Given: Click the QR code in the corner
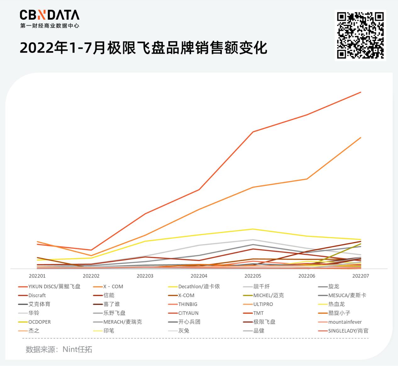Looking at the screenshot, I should pos(360,35).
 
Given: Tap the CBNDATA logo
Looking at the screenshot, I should pos(49,15).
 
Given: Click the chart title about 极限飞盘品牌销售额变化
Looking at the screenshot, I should pos(143,48).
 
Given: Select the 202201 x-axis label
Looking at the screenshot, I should pos(37,276).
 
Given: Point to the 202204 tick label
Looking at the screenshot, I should pos(199,276).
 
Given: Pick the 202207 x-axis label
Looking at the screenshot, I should pos(360,276).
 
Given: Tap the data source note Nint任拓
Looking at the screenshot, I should pos(59,349).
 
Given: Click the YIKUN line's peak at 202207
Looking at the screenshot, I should pos(361,92).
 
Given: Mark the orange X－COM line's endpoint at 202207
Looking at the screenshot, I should pos(361,138).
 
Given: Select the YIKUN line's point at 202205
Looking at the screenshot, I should pos(253,132).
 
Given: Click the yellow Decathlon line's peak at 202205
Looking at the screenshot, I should pos(253,229).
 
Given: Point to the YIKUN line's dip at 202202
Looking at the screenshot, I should pos(91,250).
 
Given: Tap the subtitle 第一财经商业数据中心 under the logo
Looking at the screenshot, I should pos(49,26).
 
